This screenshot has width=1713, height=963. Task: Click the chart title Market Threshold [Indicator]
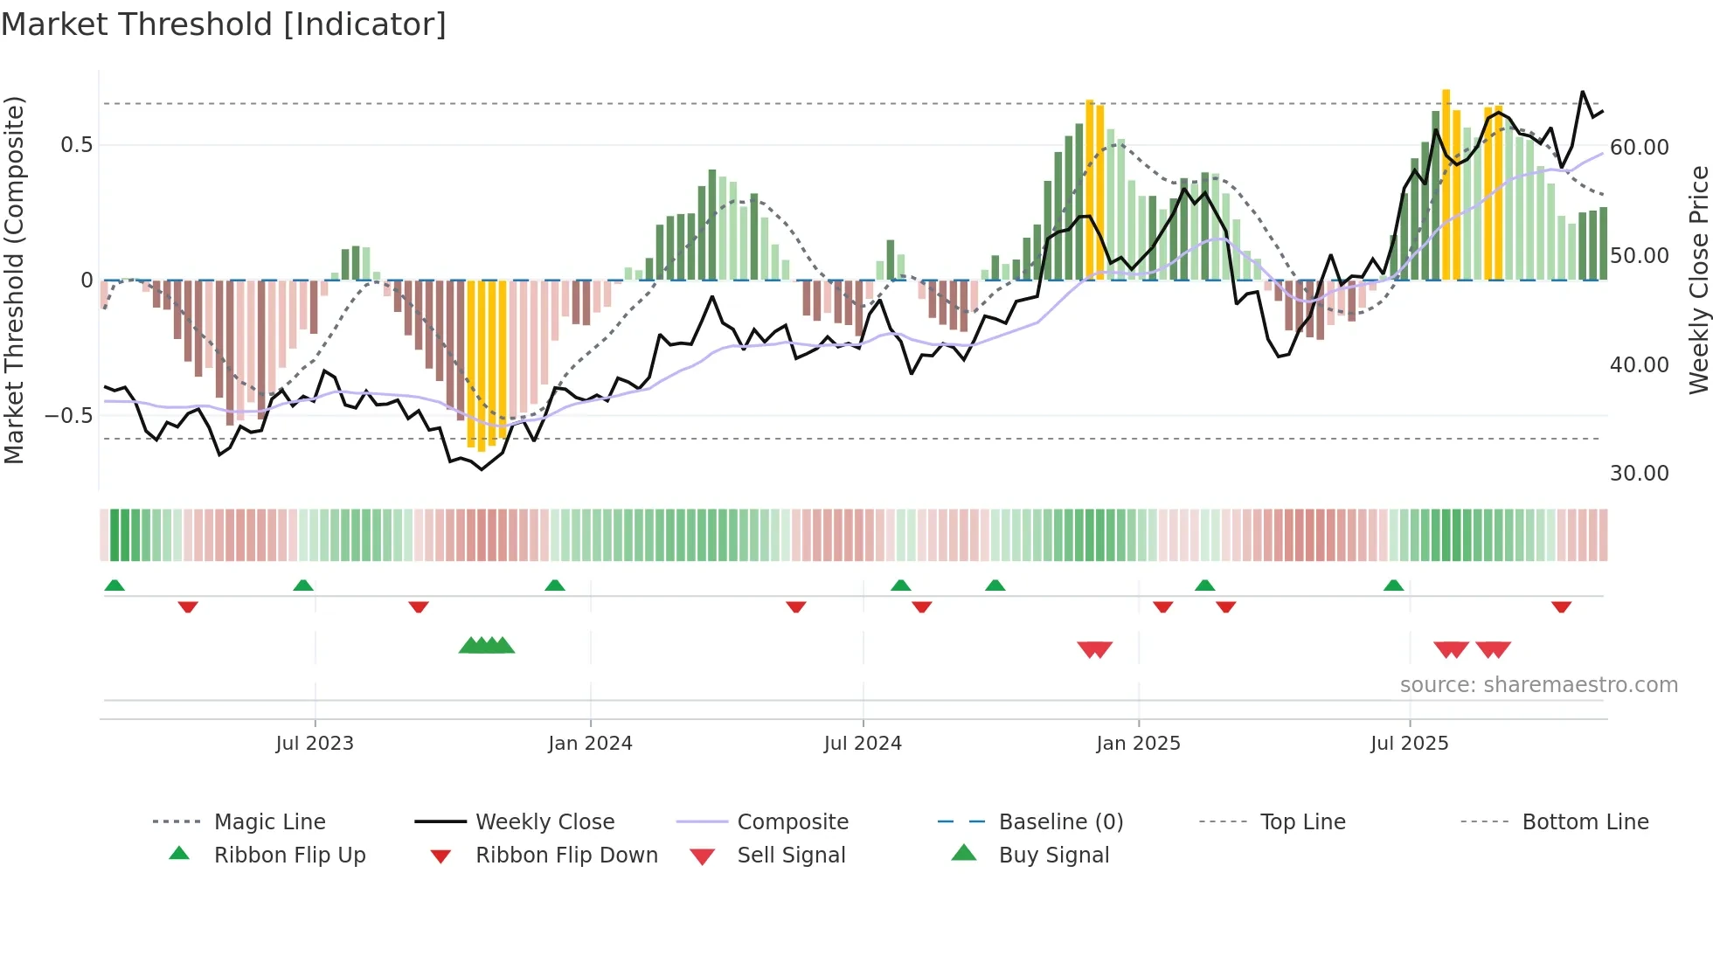tap(224, 24)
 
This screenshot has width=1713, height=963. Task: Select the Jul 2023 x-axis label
tap(314, 743)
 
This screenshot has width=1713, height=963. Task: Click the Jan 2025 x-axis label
tap(1138, 743)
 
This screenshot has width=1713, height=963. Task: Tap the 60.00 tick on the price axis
tap(1639, 147)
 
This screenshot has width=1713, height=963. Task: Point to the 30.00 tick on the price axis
tap(1639, 473)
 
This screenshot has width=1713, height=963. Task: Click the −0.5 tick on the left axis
tap(68, 415)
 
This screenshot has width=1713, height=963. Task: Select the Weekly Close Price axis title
tap(1697, 280)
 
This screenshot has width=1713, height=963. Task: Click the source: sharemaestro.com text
tap(1538, 684)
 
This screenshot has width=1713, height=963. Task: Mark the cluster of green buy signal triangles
tap(487, 646)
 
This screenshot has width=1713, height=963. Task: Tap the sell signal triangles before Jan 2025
tap(1094, 649)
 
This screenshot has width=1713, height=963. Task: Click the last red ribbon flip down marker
tap(1561, 606)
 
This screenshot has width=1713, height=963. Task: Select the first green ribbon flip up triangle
tap(114, 585)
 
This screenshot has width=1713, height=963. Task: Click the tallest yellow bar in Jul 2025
tap(1446, 184)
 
